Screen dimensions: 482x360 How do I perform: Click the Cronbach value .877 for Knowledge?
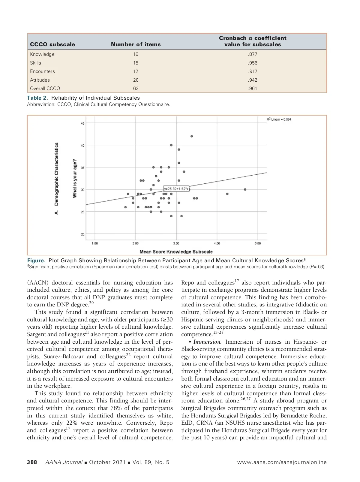pos(253,54)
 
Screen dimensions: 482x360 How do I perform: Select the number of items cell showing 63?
pos(136,89)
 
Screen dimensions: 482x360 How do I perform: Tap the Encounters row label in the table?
pos(42,71)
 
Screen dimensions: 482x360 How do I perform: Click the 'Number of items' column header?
pos(136,44)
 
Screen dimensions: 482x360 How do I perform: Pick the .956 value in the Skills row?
pos(253,63)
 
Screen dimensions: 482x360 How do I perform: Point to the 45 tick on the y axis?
pos(82,123)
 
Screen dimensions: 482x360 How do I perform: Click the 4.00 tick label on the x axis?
pos(217,243)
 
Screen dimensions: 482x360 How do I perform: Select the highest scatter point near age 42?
pos(192,136)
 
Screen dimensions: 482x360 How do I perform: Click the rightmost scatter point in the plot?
pos(245,190)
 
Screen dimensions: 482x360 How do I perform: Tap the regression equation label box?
pos(176,189)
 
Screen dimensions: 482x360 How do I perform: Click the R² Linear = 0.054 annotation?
pos(279,119)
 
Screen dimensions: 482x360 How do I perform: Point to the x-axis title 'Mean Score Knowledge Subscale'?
pos(176,252)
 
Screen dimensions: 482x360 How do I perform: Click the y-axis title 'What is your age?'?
pos(75,178)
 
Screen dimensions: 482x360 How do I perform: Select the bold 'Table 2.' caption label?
pos(37,98)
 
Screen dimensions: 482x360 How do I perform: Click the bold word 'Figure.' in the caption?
pos(36,261)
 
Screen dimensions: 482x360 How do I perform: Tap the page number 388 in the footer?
pos(32,462)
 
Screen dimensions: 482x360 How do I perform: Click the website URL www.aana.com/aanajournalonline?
pos(282,462)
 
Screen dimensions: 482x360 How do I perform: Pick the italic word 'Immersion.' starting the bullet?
pos(207,342)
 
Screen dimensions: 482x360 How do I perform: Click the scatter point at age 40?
pos(171,145)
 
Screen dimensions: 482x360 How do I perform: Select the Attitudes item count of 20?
pos(136,80)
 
